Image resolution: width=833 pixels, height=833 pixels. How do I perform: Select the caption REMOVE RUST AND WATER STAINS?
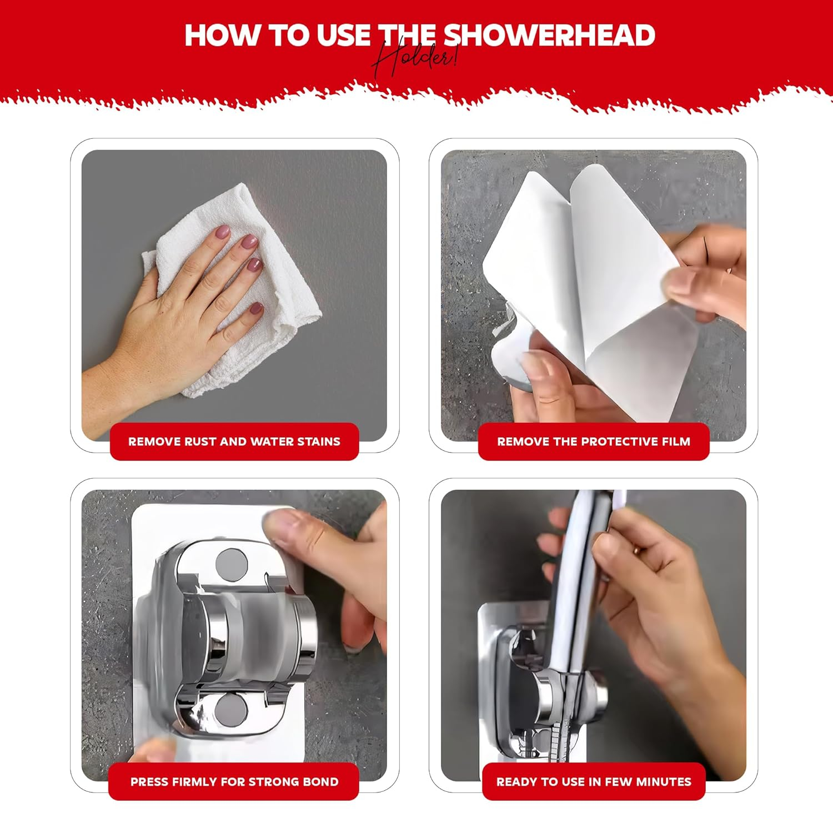click(x=234, y=441)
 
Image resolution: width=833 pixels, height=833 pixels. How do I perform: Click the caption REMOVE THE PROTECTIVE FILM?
click(x=594, y=441)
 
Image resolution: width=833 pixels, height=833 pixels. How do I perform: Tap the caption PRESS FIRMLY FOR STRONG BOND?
click(x=234, y=782)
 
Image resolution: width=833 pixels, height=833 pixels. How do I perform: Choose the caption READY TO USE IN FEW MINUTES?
click(x=594, y=782)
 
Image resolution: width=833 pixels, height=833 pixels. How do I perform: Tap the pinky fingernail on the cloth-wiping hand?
click(x=256, y=309)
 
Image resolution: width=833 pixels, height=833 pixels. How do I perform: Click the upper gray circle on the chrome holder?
click(x=232, y=565)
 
